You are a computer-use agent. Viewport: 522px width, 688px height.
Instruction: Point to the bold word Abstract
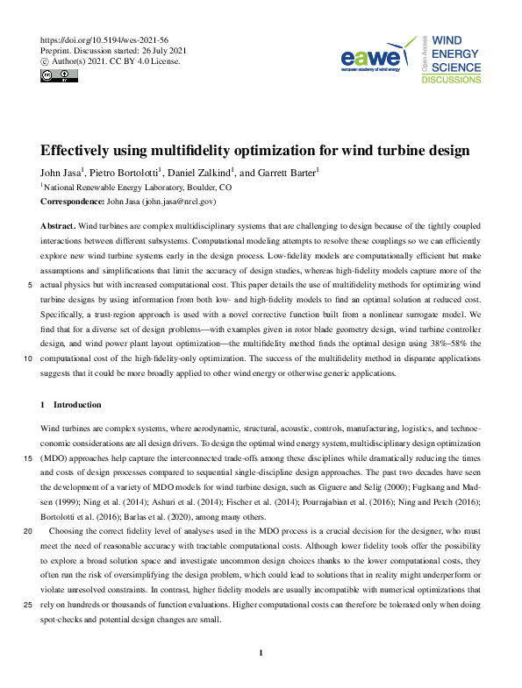(58, 224)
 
